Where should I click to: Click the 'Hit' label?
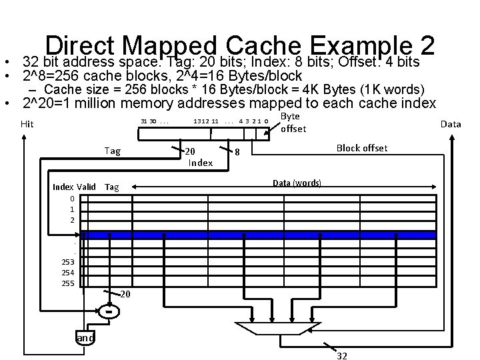point(27,123)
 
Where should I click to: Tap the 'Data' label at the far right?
point(451,124)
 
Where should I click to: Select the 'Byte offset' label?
point(293,123)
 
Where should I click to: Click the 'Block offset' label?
point(362,147)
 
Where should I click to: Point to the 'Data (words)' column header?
point(297,183)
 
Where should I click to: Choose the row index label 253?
point(67,262)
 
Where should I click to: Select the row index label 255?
point(67,283)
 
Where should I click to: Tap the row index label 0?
point(71,198)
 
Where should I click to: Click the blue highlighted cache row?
point(260,234)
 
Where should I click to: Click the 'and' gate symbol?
point(85,338)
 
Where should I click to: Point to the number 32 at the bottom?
point(341,355)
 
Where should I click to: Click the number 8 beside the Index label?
point(237,152)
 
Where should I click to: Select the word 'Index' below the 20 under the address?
point(200,162)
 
